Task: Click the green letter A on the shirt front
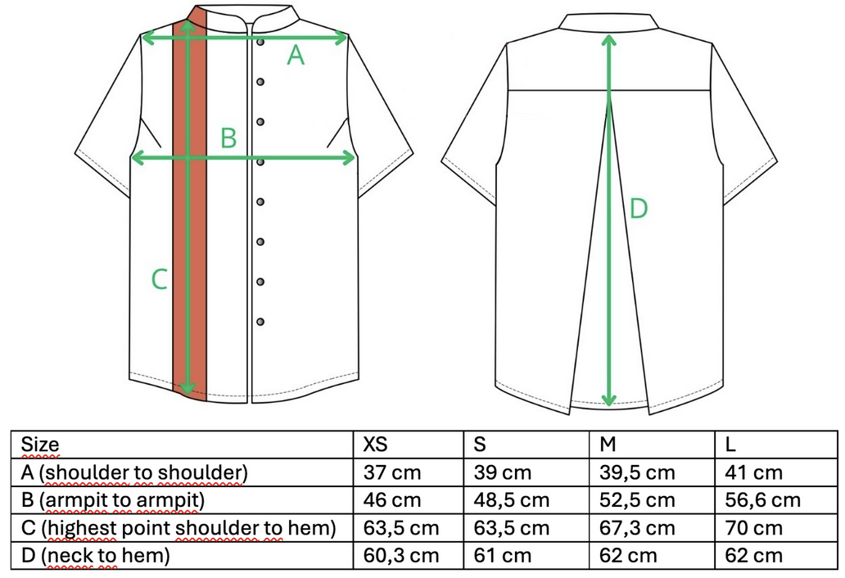click(296, 56)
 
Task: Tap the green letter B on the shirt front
click(228, 138)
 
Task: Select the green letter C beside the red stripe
click(159, 279)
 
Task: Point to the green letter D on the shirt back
click(638, 209)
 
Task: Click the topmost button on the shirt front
click(260, 42)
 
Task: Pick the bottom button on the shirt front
click(260, 322)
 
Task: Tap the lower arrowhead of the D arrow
click(609, 400)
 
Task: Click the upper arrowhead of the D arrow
click(609, 41)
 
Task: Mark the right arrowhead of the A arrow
click(340, 38)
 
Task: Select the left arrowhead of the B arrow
click(138, 158)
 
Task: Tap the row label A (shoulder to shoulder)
click(134, 473)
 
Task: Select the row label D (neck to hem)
click(95, 555)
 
